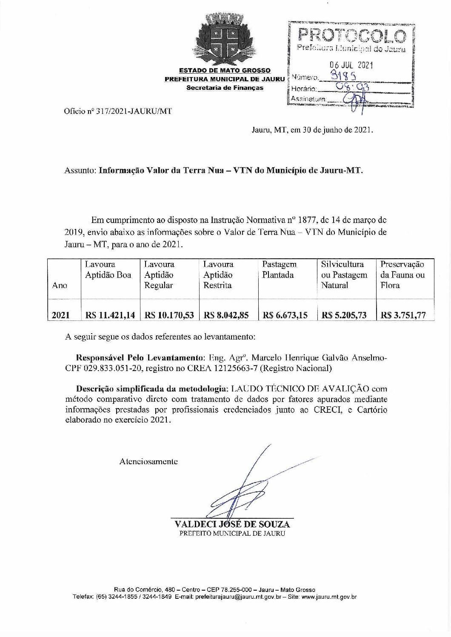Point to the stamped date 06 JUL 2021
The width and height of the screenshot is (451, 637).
pyautogui.click(x=352, y=66)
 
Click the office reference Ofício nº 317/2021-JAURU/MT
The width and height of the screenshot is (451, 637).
pyautogui.click(x=119, y=112)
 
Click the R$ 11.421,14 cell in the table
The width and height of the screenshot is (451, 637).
pyautogui.click(x=110, y=315)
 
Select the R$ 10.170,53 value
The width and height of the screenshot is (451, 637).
pyautogui.click(x=169, y=315)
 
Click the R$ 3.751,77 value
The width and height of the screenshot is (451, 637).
pyautogui.click(x=403, y=315)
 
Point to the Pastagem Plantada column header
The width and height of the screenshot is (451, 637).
pyautogui.click(x=279, y=270)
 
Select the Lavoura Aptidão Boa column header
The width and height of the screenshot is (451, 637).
pyautogui.click(x=108, y=270)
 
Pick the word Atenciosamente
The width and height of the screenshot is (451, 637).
pyautogui.click(x=148, y=461)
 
